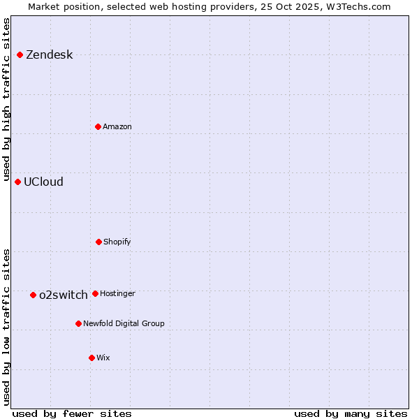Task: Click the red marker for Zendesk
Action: (x=20, y=54)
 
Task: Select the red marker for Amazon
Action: (x=98, y=126)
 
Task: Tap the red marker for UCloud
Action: (x=17, y=182)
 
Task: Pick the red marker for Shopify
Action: (x=98, y=242)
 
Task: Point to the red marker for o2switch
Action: (x=33, y=295)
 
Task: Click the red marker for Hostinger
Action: (x=95, y=293)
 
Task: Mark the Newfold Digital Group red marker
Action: (x=78, y=323)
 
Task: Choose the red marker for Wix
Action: (x=91, y=358)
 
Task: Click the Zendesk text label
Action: (x=49, y=55)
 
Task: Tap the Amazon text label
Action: (x=117, y=127)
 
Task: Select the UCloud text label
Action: (x=43, y=182)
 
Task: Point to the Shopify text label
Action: (x=117, y=242)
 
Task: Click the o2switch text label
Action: (x=63, y=295)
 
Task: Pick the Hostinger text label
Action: (x=117, y=294)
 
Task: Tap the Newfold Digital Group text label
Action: (x=124, y=324)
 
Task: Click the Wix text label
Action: (x=103, y=358)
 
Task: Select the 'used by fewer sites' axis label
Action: (x=72, y=413)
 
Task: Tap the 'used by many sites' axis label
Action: (x=351, y=413)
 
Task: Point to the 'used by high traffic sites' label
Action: (x=6, y=100)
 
